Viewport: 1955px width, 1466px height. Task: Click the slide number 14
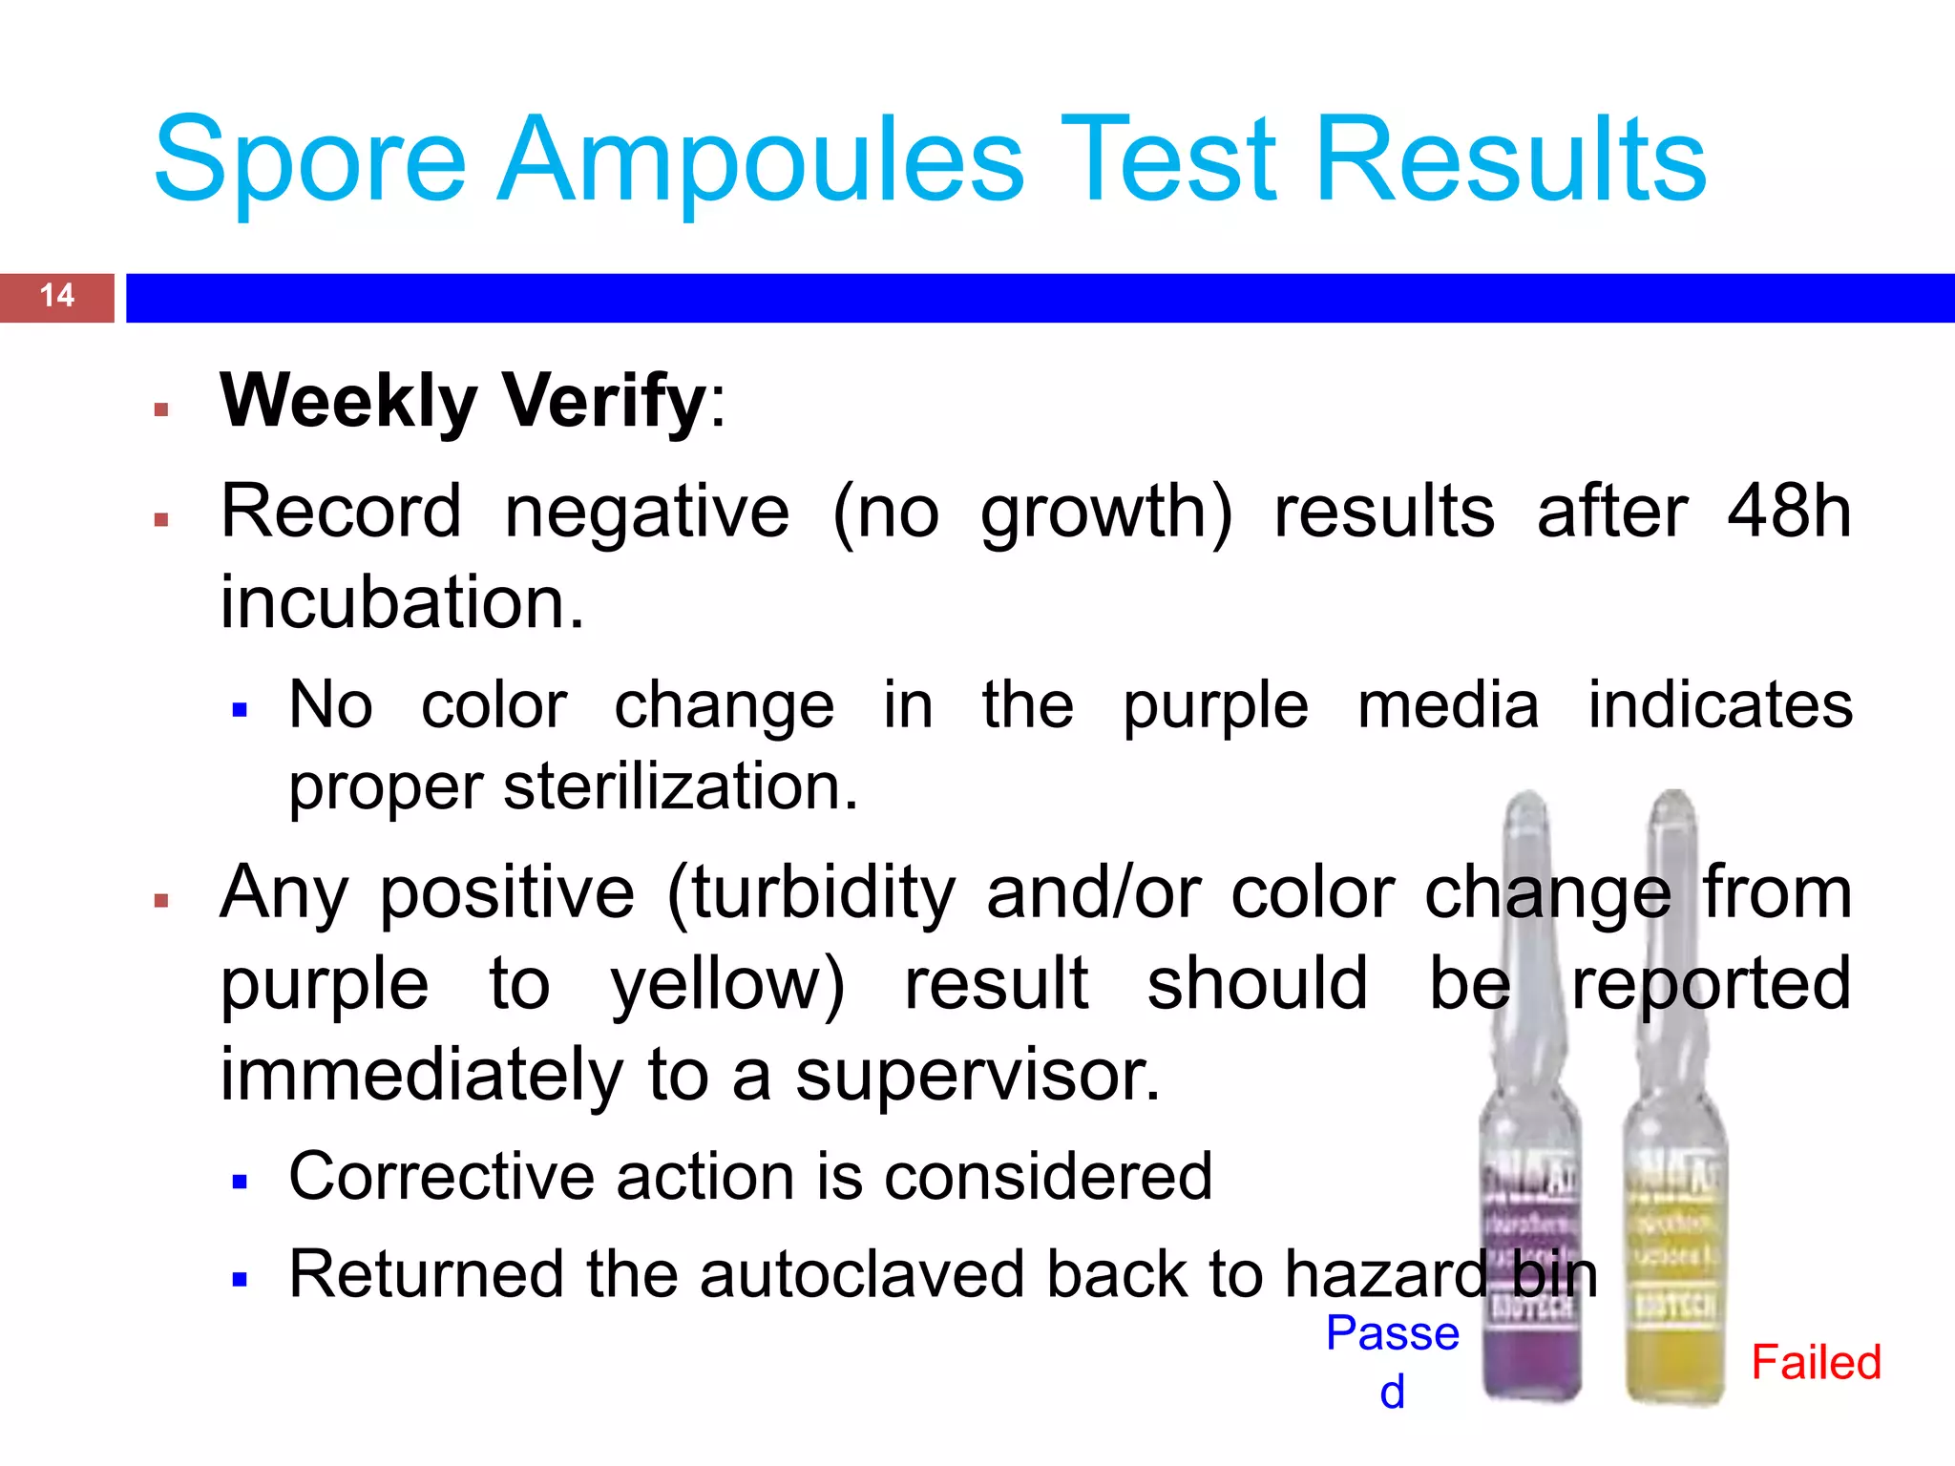click(57, 295)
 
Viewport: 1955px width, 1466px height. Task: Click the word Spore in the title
click(309, 160)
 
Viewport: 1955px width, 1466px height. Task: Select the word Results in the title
click(1509, 160)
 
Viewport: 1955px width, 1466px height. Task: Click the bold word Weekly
click(348, 401)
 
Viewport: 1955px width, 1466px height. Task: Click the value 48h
click(1789, 512)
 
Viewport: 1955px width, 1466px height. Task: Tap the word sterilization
click(680, 787)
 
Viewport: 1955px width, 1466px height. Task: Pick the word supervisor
click(977, 1075)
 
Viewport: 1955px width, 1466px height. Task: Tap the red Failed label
click(1816, 1362)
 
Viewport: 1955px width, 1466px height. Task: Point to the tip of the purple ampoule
click(1527, 800)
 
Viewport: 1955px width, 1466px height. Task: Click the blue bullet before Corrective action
click(240, 1183)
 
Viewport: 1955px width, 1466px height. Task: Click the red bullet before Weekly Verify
click(161, 410)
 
